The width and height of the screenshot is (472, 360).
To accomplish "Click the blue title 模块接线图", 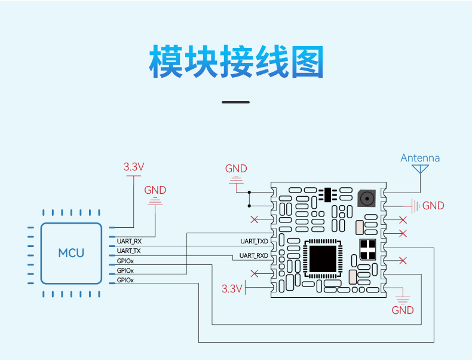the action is tap(237, 62).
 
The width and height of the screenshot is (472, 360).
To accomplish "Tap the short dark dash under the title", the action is tap(235, 102).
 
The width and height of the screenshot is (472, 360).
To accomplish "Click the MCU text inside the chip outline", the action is tap(71, 253).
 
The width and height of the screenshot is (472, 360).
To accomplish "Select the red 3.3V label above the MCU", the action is tap(134, 167).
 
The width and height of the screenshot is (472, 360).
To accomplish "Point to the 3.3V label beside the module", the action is tap(232, 289).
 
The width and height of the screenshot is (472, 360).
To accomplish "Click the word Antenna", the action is tap(420, 158).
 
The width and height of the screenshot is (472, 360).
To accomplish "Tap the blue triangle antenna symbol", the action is tap(420, 169).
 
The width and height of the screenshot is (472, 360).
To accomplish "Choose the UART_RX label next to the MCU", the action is tap(129, 241).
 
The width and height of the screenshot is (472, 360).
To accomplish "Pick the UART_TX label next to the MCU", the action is tap(129, 251).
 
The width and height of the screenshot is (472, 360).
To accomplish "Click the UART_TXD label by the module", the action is tap(254, 241).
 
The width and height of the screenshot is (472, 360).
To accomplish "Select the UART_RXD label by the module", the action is tap(254, 255).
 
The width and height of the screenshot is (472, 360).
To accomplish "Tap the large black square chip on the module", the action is tap(323, 259).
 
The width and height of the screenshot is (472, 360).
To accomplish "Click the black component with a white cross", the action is tap(367, 249).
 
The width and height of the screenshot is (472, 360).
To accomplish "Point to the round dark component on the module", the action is tap(367, 199).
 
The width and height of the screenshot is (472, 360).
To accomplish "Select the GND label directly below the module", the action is tap(403, 310).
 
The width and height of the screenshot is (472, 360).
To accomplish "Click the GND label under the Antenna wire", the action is tap(433, 206).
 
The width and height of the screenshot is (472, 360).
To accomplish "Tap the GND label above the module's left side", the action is tap(236, 169).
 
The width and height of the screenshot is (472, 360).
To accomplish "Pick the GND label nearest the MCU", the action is tap(155, 190).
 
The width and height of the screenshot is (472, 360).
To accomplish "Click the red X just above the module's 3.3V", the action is tap(255, 273).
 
